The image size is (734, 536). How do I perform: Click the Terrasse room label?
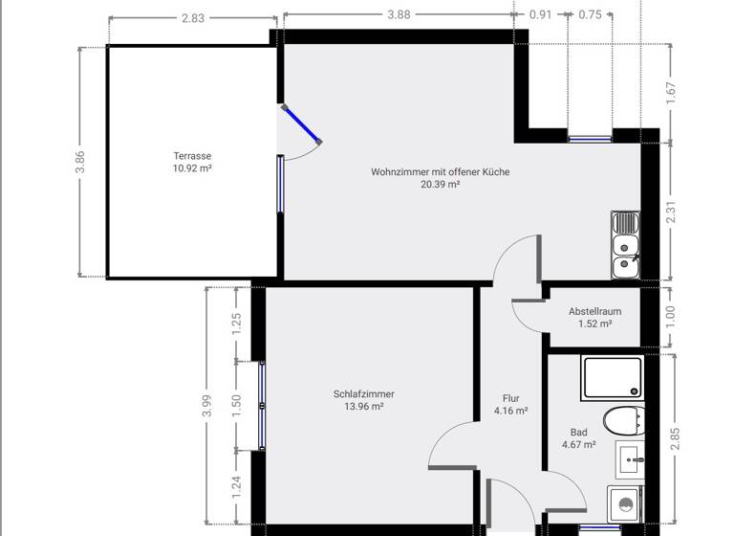click(x=192, y=156)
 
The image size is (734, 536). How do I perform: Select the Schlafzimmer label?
click(x=363, y=393)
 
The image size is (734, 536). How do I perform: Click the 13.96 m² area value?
click(x=363, y=407)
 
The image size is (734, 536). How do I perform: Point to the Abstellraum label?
click(x=594, y=312)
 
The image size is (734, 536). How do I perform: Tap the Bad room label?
click(x=578, y=432)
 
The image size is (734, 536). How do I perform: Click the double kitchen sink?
click(x=625, y=244)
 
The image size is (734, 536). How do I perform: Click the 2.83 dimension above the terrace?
click(x=193, y=17)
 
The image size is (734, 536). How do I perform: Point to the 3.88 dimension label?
click(x=399, y=14)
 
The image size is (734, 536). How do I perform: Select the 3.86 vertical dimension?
click(x=81, y=162)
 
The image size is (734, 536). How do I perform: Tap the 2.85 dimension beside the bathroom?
click(x=675, y=439)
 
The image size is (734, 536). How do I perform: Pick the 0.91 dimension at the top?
click(x=541, y=14)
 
